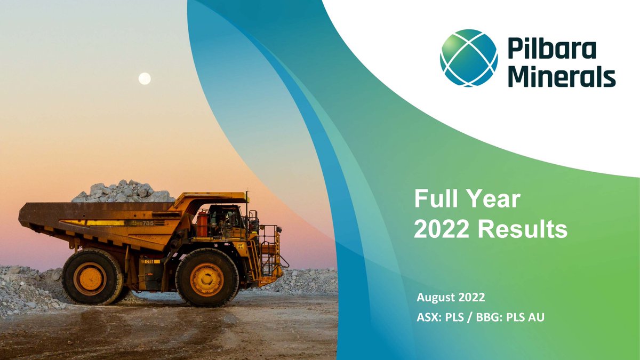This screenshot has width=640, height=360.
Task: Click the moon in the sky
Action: tap(145, 79)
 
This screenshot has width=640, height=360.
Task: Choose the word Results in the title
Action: tap(522, 229)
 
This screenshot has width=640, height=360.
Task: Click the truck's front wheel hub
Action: tap(206, 279)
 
